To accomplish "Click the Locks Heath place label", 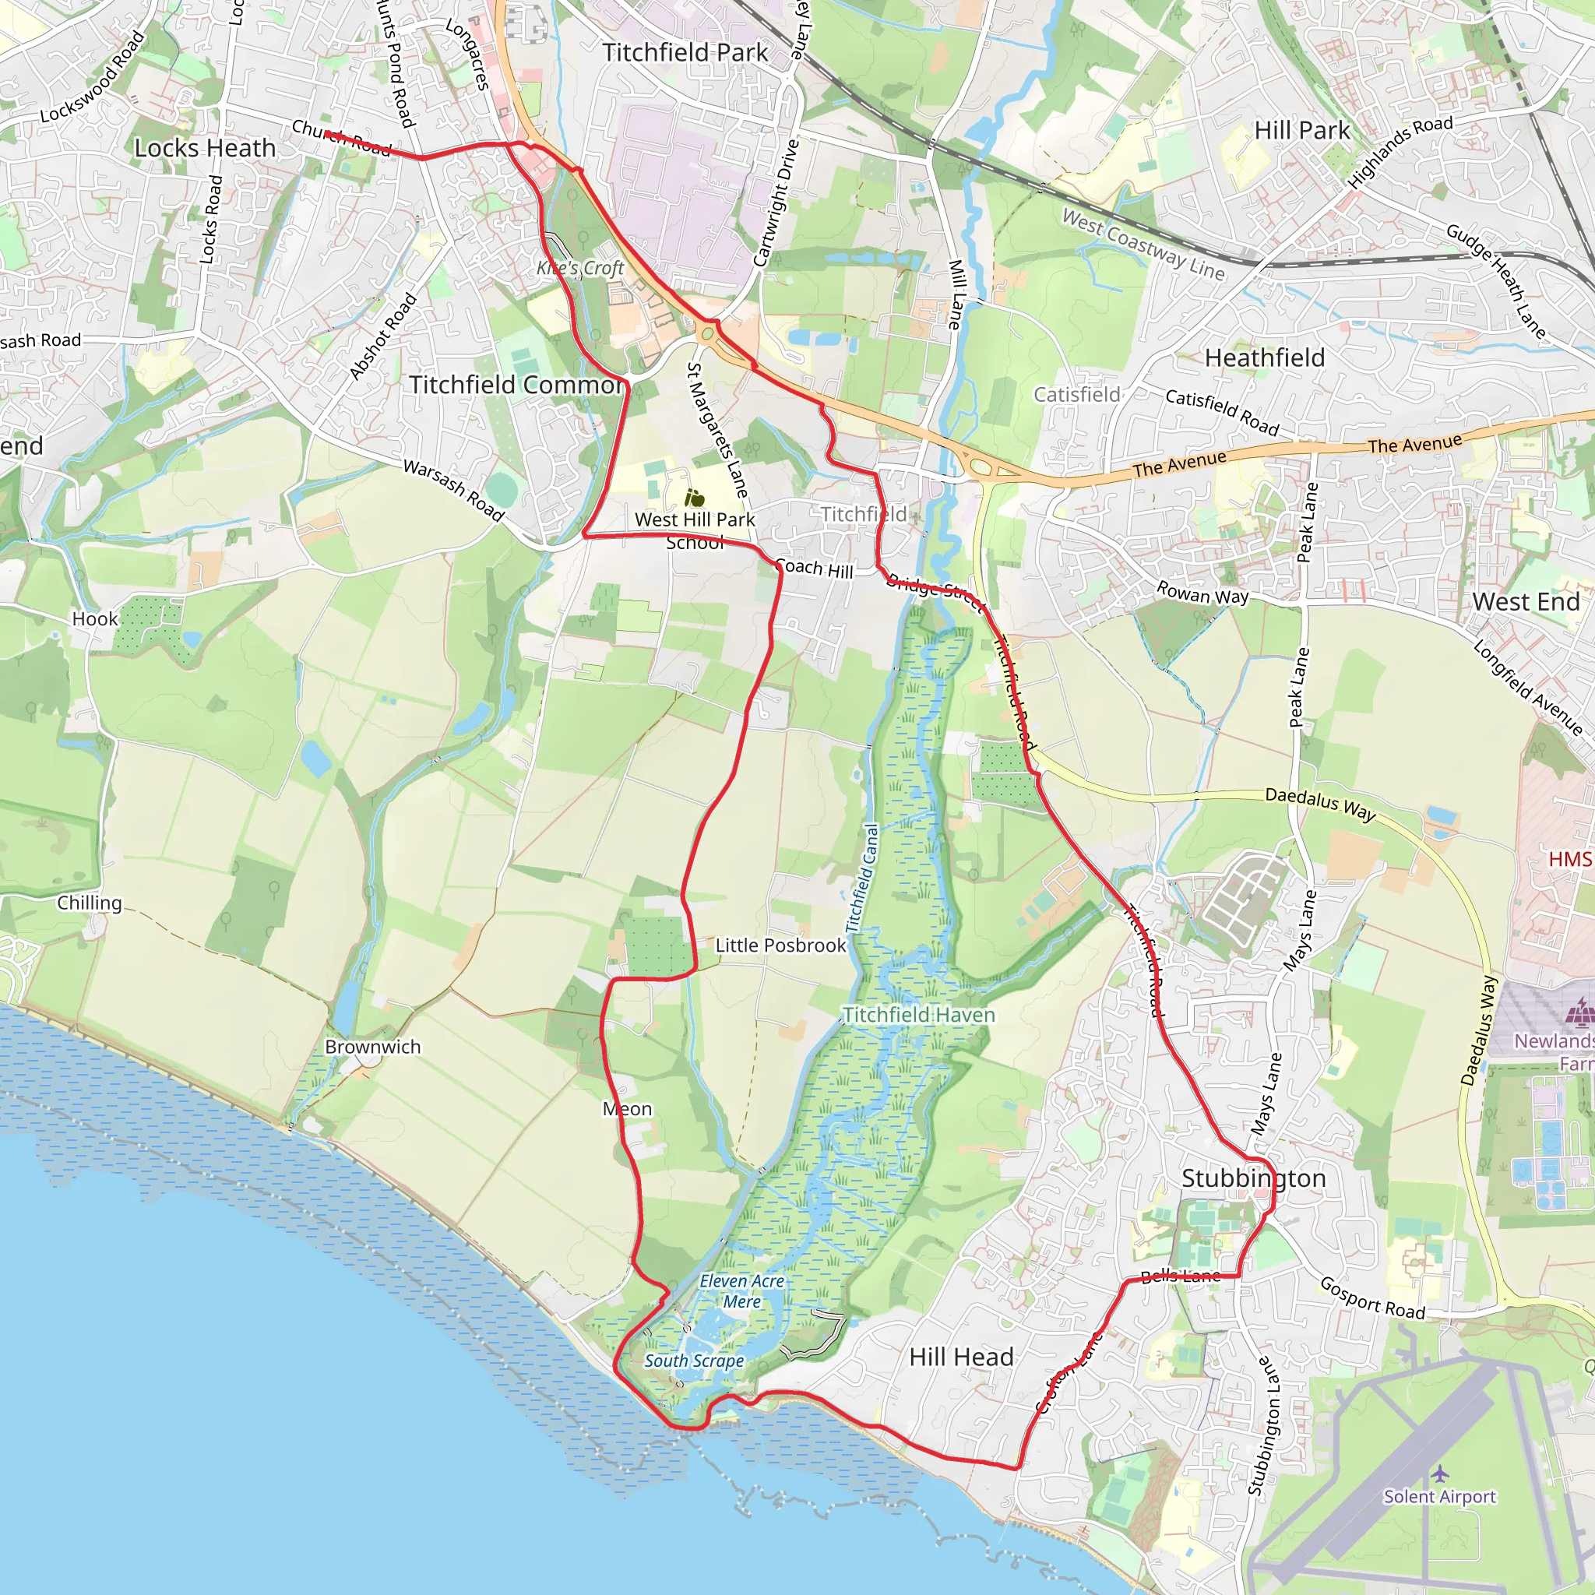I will [x=205, y=149].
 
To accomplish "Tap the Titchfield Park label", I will [x=685, y=53].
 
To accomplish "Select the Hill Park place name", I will [x=1302, y=130].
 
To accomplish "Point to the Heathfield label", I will [x=1265, y=357].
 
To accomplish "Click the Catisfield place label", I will [x=1076, y=395].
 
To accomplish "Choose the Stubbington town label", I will [x=1253, y=1178].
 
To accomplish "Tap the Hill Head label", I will [x=961, y=1357].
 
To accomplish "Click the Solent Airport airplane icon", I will [x=1440, y=1474].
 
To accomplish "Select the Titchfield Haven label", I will [x=919, y=1015].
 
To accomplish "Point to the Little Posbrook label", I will [x=780, y=945].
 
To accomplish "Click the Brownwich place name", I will [x=372, y=1047].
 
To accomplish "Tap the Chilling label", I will [x=89, y=903].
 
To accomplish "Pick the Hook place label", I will [x=95, y=619].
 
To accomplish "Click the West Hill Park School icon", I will [x=694, y=498].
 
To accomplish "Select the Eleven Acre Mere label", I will [x=741, y=1291].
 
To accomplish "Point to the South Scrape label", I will [x=693, y=1361].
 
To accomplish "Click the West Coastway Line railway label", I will [x=1143, y=245].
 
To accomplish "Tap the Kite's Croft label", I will [x=580, y=269].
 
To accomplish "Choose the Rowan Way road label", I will [x=1202, y=593].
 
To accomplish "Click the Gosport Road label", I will [x=1372, y=1297].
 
